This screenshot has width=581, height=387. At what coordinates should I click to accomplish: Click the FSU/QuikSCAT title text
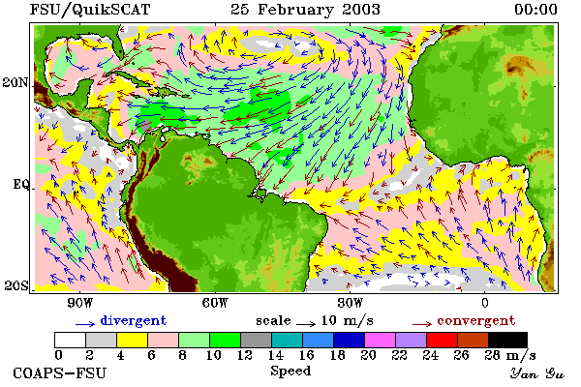(90, 10)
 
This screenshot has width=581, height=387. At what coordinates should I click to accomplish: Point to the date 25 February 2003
(305, 10)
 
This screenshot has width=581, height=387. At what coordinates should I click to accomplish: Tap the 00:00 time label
(535, 10)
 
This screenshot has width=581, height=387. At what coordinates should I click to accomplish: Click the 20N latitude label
(15, 82)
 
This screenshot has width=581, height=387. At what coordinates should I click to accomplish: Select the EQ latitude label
(20, 184)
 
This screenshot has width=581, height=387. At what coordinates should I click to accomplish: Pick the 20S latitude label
(16, 285)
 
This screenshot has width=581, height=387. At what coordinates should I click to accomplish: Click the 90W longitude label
(79, 303)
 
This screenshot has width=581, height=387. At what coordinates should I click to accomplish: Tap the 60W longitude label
(215, 303)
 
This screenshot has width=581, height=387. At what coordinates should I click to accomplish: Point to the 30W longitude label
(351, 303)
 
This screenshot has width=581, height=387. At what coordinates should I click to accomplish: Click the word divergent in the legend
(134, 320)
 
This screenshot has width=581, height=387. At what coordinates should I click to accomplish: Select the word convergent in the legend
(476, 320)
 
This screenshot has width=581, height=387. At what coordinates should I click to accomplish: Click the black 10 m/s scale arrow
(306, 324)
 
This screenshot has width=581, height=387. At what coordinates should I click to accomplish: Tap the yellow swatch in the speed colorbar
(132, 340)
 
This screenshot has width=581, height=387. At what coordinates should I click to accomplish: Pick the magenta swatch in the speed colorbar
(380, 340)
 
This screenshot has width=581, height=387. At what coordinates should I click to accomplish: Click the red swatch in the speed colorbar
(442, 340)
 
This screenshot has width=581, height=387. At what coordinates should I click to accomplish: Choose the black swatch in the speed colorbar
(507, 340)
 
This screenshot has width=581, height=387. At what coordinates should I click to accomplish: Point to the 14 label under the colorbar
(276, 355)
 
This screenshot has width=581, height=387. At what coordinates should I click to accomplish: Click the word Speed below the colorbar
(290, 372)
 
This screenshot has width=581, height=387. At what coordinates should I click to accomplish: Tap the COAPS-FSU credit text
(60, 372)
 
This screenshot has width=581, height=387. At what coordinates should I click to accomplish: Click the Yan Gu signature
(537, 373)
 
